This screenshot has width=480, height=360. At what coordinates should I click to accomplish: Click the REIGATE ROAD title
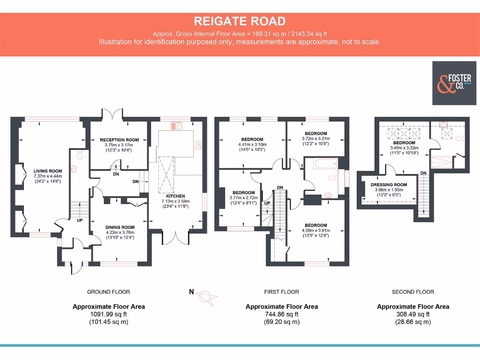click(x=240, y=21)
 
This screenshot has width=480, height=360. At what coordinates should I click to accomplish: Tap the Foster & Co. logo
click(x=454, y=83)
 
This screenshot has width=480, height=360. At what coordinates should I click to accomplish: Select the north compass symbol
click(x=206, y=297)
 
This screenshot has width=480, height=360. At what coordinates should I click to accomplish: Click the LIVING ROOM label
click(x=48, y=171)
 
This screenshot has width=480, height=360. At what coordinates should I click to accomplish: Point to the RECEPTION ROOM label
click(x=120, y=140)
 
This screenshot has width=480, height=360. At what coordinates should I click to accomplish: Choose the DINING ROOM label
click(x=120, y=227)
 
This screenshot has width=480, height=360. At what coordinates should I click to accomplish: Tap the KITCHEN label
click(x=175, y=196)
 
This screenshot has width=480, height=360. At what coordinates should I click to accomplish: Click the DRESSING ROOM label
click(x=389, y=185)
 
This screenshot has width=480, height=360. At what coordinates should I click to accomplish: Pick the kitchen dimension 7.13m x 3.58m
click(x=175, y=201)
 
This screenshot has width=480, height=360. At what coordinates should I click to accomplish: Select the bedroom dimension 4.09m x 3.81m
click(x=316, y=230)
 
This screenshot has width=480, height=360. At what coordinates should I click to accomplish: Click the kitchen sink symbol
click(x=177, y=126)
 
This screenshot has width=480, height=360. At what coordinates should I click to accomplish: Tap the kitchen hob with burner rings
click(x=198, y=145)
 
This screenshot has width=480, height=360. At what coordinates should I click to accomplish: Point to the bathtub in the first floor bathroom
click(x=325, y=164)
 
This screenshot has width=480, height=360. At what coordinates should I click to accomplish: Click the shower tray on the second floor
click(x=442, y=162)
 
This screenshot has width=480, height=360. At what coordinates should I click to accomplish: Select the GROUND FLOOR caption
click(x=108, y=292)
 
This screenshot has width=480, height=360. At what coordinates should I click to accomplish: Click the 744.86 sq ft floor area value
click(x=282, y=314)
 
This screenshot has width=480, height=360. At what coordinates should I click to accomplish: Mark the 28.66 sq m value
click(x=413, y=322)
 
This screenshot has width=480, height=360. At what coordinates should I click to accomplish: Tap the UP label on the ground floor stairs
click(x=80, y=220)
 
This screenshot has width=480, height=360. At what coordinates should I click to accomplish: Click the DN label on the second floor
click(x=423, y=173)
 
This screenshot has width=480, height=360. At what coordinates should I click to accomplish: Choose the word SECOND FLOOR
click(x=413, y=292)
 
